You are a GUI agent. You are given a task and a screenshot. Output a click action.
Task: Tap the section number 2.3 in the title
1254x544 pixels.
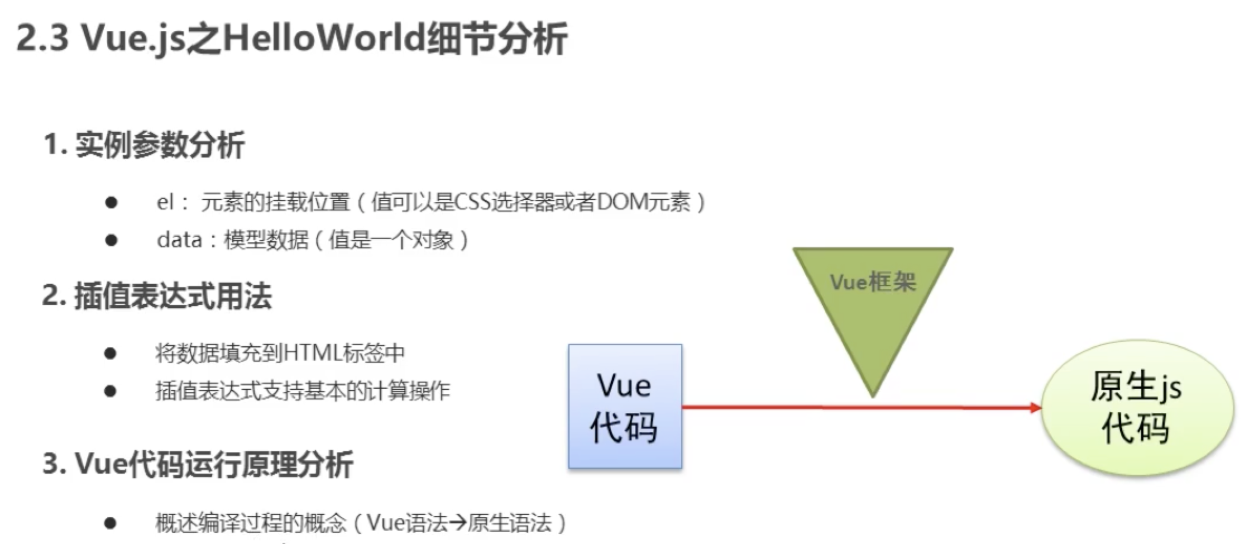[42, 38]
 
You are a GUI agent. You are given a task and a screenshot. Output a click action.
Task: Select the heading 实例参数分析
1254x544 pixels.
[160, 145]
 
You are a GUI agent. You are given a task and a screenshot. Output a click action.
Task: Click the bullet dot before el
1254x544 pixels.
[111, 202]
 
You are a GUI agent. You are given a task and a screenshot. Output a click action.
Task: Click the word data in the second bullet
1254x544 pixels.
[179, 240]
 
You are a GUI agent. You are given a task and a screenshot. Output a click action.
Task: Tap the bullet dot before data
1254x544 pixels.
[111, 240]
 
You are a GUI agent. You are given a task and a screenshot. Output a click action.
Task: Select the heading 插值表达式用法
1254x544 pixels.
[172, 296]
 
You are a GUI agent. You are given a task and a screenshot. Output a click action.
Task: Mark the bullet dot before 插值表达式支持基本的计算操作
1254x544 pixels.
[111, 391]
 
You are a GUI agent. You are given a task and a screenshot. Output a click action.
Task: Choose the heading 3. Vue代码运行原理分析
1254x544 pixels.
[198, 464]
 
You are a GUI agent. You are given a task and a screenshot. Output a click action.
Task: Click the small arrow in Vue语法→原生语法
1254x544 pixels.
[457, 523]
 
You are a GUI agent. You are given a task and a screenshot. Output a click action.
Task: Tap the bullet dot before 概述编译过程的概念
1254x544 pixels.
[111, 523]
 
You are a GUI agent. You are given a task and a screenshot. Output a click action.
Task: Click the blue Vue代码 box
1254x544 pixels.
[625, 407]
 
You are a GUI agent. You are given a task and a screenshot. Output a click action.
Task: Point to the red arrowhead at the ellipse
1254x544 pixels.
[1036, 408]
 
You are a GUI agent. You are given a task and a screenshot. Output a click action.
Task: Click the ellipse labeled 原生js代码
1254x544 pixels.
[1137, 408]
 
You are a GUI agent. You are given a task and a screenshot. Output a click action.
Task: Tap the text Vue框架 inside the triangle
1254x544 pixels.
[873, 282]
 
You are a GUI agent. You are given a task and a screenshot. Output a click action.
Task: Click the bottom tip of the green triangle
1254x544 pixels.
[873, 394]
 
